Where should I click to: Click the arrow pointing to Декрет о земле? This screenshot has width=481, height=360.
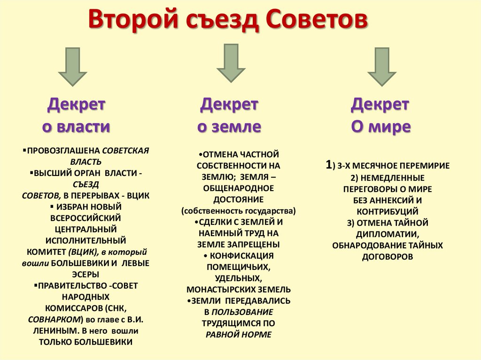click(231, 63)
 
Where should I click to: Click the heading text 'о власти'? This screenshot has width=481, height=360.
click(76, 127)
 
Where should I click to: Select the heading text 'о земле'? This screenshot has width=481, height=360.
click(229, 127)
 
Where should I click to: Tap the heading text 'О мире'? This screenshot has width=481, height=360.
click(380, 127)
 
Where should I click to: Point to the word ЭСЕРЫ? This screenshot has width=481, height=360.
click(85, 275)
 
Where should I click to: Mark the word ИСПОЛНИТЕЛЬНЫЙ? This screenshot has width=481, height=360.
click(85, 241)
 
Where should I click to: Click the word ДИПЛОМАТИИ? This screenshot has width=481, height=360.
click(387, 234)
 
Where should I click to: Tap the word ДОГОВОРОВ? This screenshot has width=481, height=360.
click(388, 257)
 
